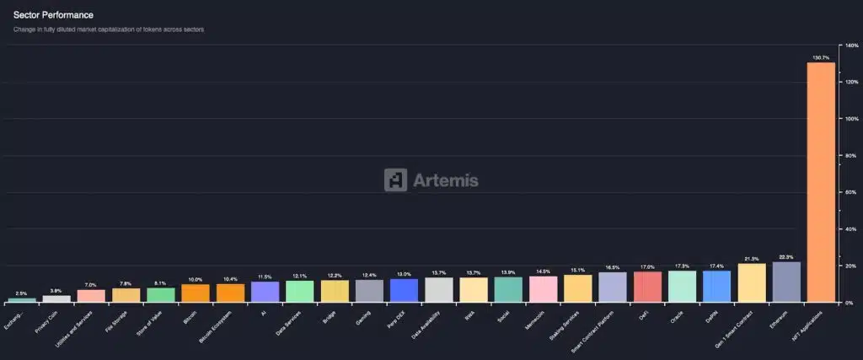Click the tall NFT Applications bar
click(x=821, y=181)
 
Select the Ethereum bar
click(x=786, y=282)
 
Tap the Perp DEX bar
click(x=404, y=290)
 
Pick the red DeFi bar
click(x=647, y=287)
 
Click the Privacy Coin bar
click(x=56, y=298)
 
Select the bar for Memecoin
click(x=543, y=289)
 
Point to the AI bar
click(x=265, y=292)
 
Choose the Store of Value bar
click(x=160, y=294)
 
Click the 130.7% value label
click(x=821, y=57)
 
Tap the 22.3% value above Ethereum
click(x=786, y=256)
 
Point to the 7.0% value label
click(x=91, y=285)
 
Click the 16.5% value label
click(x=613, y=266)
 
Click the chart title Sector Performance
click(x=53, y=15)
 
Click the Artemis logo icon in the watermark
click(x=396, y=180)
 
